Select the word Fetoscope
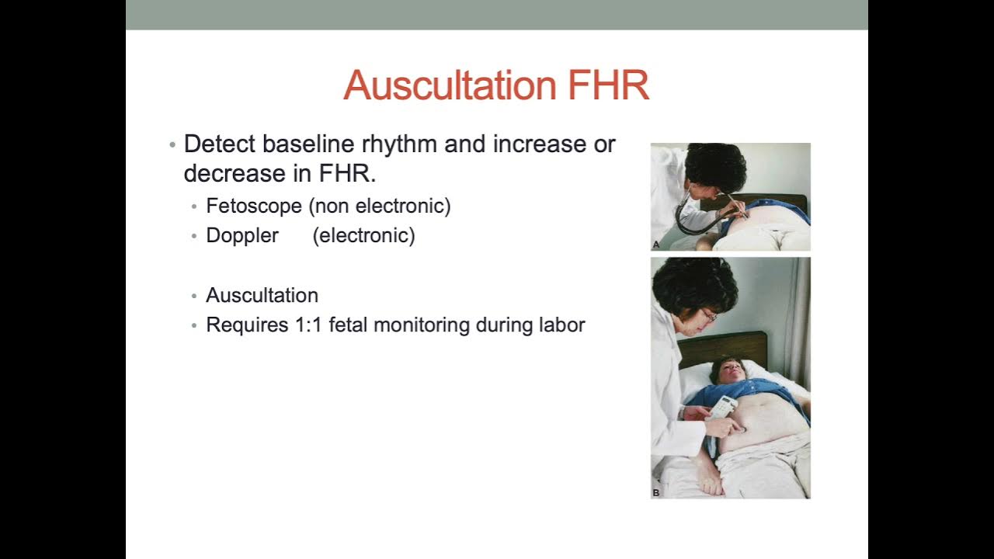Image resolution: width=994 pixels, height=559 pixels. coord(253,206)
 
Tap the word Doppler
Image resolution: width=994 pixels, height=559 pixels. coord(242,235)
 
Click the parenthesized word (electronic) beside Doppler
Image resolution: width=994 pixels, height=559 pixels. coord(363,235)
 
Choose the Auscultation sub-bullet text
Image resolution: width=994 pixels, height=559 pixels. coord(262,295)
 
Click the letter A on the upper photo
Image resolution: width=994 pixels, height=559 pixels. coord(656,245)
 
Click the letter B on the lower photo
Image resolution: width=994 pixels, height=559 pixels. coord(656,492)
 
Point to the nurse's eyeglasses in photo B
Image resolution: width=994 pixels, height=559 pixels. coord(709,315)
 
